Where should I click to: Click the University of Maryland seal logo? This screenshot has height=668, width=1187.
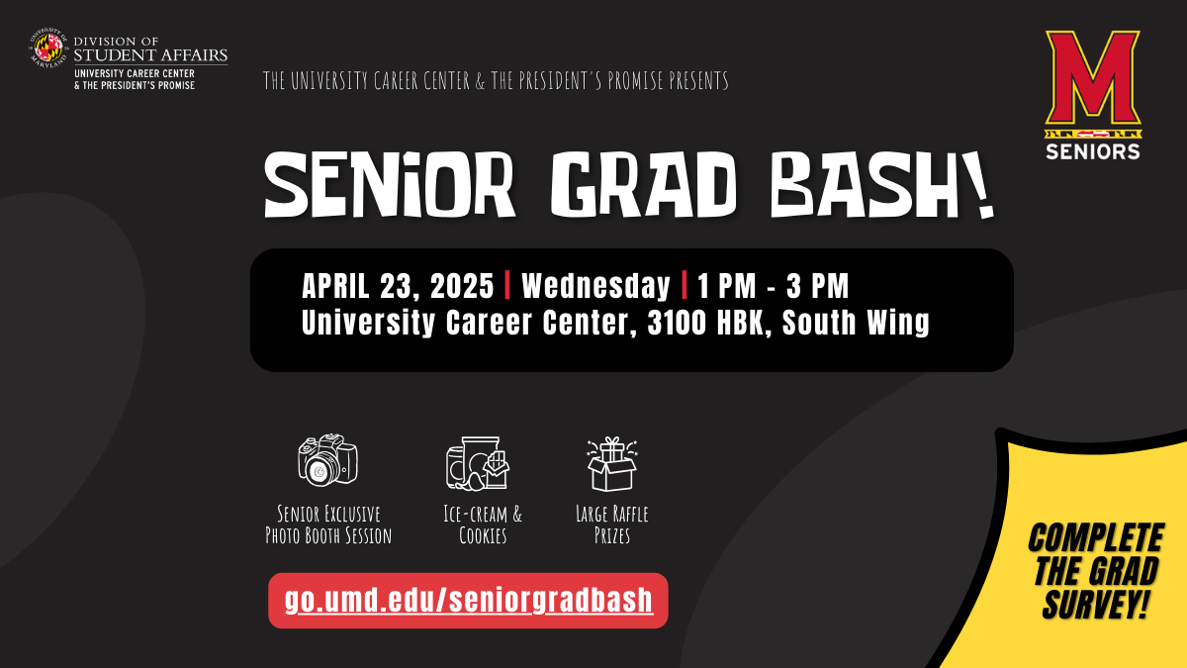(x=48, y=48)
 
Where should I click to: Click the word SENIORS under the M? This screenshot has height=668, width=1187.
(x=1093, y=152)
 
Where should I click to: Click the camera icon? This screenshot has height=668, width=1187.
(x=327, y=459)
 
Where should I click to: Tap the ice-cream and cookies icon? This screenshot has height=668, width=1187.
(x=478, y=463)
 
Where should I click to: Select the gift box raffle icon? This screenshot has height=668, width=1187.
(x=611, y=464)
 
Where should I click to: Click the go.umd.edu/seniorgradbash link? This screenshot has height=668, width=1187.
(x=469, y=600)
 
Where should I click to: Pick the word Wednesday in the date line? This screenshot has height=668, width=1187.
(x=596, y=286)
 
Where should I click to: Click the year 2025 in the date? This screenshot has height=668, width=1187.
(x=462, y=286)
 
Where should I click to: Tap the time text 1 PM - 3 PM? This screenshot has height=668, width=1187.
(x=774, y=286)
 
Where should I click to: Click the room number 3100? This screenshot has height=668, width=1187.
(x=677, y=323)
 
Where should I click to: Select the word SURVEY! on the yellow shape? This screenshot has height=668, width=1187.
(x=1095, y=604)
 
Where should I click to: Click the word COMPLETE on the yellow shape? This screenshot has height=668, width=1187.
(x=1095, y=537)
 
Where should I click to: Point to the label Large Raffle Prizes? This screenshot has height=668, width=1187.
(x=612, y=525)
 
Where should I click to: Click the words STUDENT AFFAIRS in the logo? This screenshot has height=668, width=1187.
(x=150, y=54)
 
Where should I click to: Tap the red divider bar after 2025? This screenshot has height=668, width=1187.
(x=507, y=285)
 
